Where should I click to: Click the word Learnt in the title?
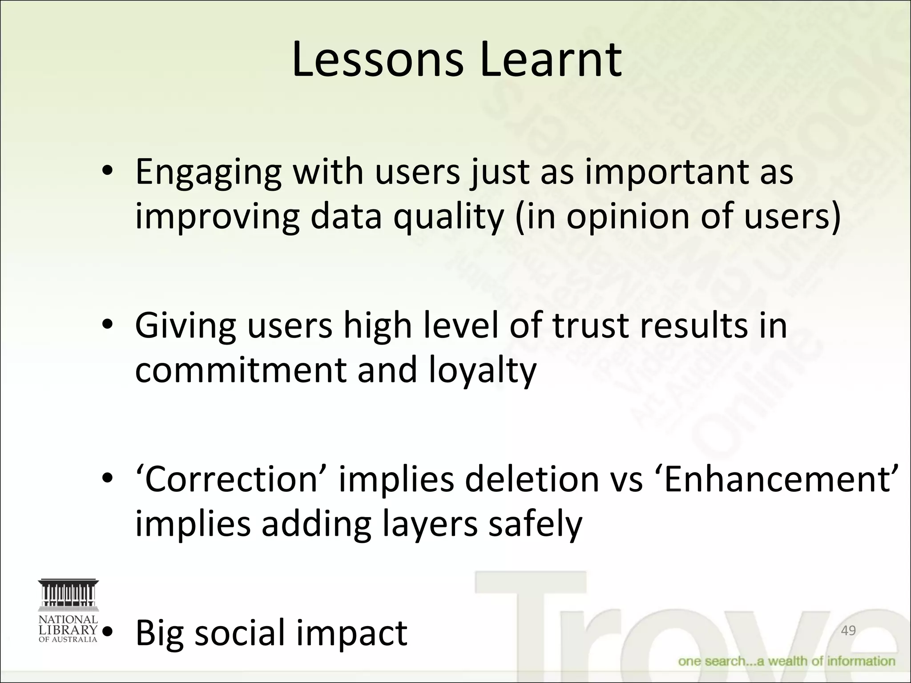click(x=551, y=60)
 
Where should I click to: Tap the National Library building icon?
click(x=68, y=595)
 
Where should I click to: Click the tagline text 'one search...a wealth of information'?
click(x=786, y=661)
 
